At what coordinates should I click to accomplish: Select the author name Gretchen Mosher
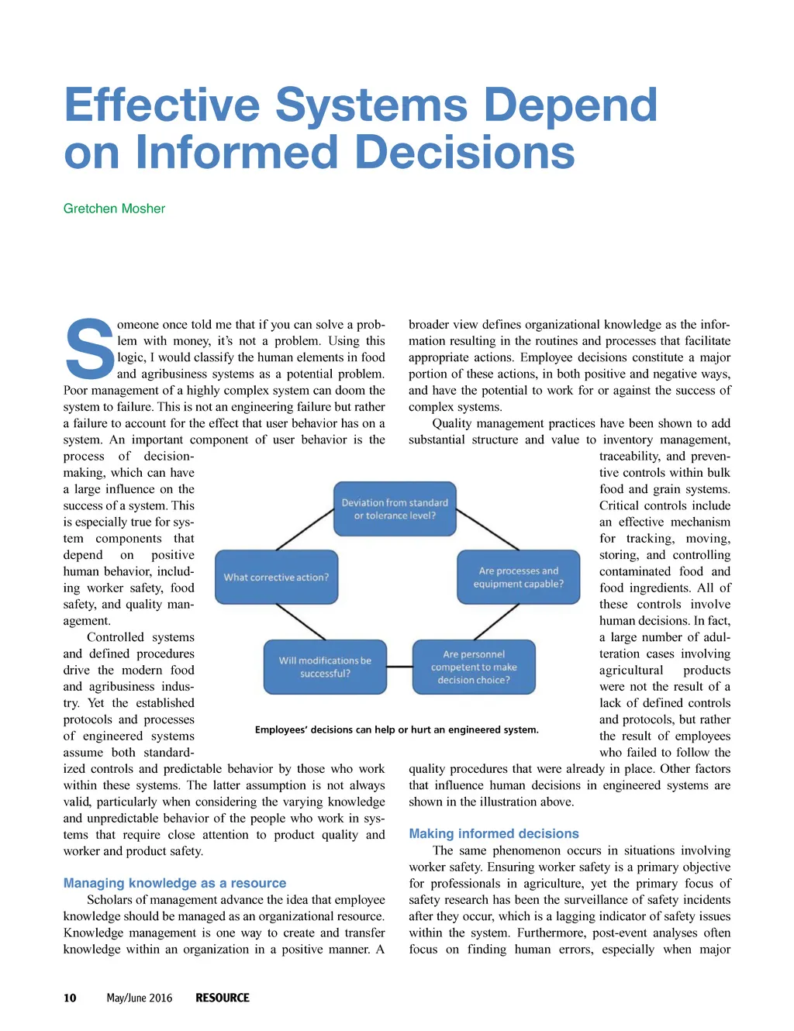tap(114, 209)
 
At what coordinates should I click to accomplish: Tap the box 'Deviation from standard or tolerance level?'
tap(395, 509)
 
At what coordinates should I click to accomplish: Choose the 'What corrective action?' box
tap(276, 578)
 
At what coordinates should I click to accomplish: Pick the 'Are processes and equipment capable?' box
tap(518, 578)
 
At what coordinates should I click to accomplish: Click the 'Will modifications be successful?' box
tap(325, 667)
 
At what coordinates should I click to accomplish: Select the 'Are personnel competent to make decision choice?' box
tap(474, 667)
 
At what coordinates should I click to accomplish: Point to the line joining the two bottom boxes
tap(399, 667)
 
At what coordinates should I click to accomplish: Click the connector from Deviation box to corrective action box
tap(304, 530)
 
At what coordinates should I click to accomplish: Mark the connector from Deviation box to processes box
tap(488, 530)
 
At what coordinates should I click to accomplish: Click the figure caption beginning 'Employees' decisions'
tap(396, 729)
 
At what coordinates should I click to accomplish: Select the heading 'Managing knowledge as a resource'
tap(174, 883)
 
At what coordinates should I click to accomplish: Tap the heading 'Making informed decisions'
tap(494, 833)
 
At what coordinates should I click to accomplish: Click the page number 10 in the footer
tap(70, 998)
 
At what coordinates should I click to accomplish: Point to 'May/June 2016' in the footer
tap(140, 998)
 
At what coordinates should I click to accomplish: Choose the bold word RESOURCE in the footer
tap(223, 998)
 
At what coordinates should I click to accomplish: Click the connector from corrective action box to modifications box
tap(301, 622)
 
